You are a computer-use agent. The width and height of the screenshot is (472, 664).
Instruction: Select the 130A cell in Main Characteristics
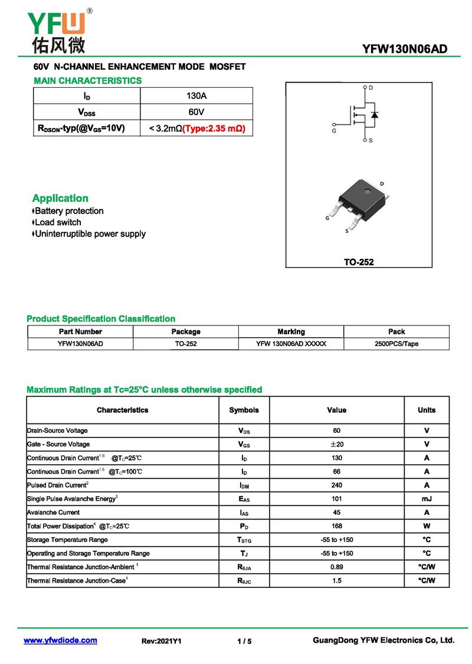click(x=196, y=96)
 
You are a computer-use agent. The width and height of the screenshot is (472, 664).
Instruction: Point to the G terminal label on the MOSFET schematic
click(x=334, y=131)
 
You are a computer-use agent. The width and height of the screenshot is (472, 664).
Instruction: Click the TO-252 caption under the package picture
click(x=359, y=262)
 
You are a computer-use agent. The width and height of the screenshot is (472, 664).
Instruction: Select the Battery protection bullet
click(x=68, y=211)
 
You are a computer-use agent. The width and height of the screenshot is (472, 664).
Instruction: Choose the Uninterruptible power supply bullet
click(x=90, y=234)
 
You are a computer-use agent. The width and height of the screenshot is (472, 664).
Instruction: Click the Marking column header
click(x=291, y=331)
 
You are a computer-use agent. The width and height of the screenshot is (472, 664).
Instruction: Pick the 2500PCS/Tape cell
click(x=396, y=344)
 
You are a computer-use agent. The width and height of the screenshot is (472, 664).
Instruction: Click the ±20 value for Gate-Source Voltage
click(x=336, y=444)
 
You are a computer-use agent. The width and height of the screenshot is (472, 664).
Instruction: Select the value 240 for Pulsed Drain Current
click(x=336, y=485)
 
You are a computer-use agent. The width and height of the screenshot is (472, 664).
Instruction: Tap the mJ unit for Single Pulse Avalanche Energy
click(x=427, y=499)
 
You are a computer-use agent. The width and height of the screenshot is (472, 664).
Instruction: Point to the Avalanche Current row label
click(x=54, y=512)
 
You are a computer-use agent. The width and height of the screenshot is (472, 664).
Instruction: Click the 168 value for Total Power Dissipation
click(x=336, y=526)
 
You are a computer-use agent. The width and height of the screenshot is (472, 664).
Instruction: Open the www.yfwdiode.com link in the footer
click(x=60, y=640)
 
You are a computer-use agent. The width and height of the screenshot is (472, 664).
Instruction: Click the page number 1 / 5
click(x=244, y=641)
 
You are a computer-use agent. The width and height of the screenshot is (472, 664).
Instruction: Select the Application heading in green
click(x=60, y=198)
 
